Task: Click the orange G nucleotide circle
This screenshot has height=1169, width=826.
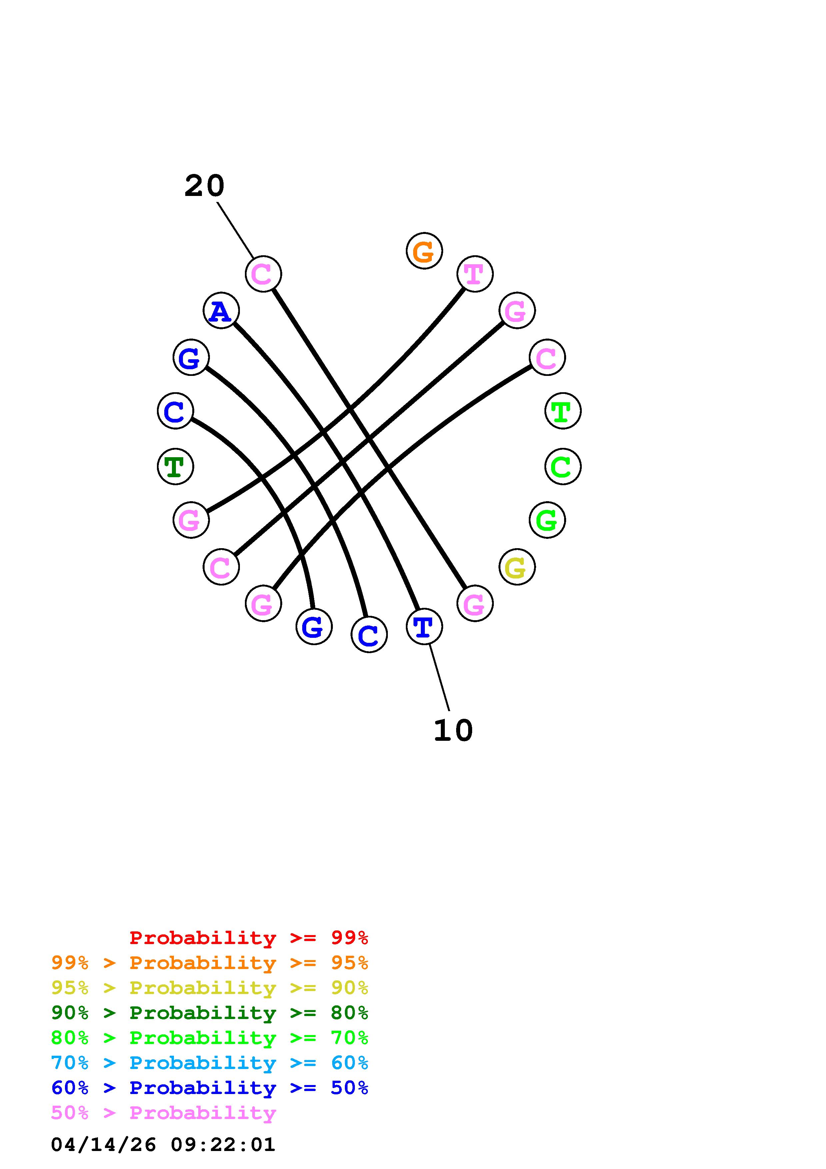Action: [424, 251]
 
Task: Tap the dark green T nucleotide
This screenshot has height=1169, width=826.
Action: [175, 467]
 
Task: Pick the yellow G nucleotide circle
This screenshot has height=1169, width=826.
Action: [516, 567]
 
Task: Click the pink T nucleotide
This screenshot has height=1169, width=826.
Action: [474, 274]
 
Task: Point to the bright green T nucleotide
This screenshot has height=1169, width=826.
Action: [562, 411]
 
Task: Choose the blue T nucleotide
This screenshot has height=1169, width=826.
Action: [424, 626]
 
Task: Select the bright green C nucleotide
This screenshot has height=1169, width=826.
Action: [562, 467]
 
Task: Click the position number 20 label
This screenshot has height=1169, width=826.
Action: [204, 186]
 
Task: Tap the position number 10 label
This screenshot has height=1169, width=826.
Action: [453, 730]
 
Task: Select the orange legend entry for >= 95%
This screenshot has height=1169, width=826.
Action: [210, 963]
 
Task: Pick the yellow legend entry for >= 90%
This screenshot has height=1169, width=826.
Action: [210, 988]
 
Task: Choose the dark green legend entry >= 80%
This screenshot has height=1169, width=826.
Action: [210, 1013]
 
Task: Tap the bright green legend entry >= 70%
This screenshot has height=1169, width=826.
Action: [210, 1038]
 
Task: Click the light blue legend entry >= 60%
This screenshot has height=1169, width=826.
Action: [210, 1063]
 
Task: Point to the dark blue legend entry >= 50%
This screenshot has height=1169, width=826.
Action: [210, 1088]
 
